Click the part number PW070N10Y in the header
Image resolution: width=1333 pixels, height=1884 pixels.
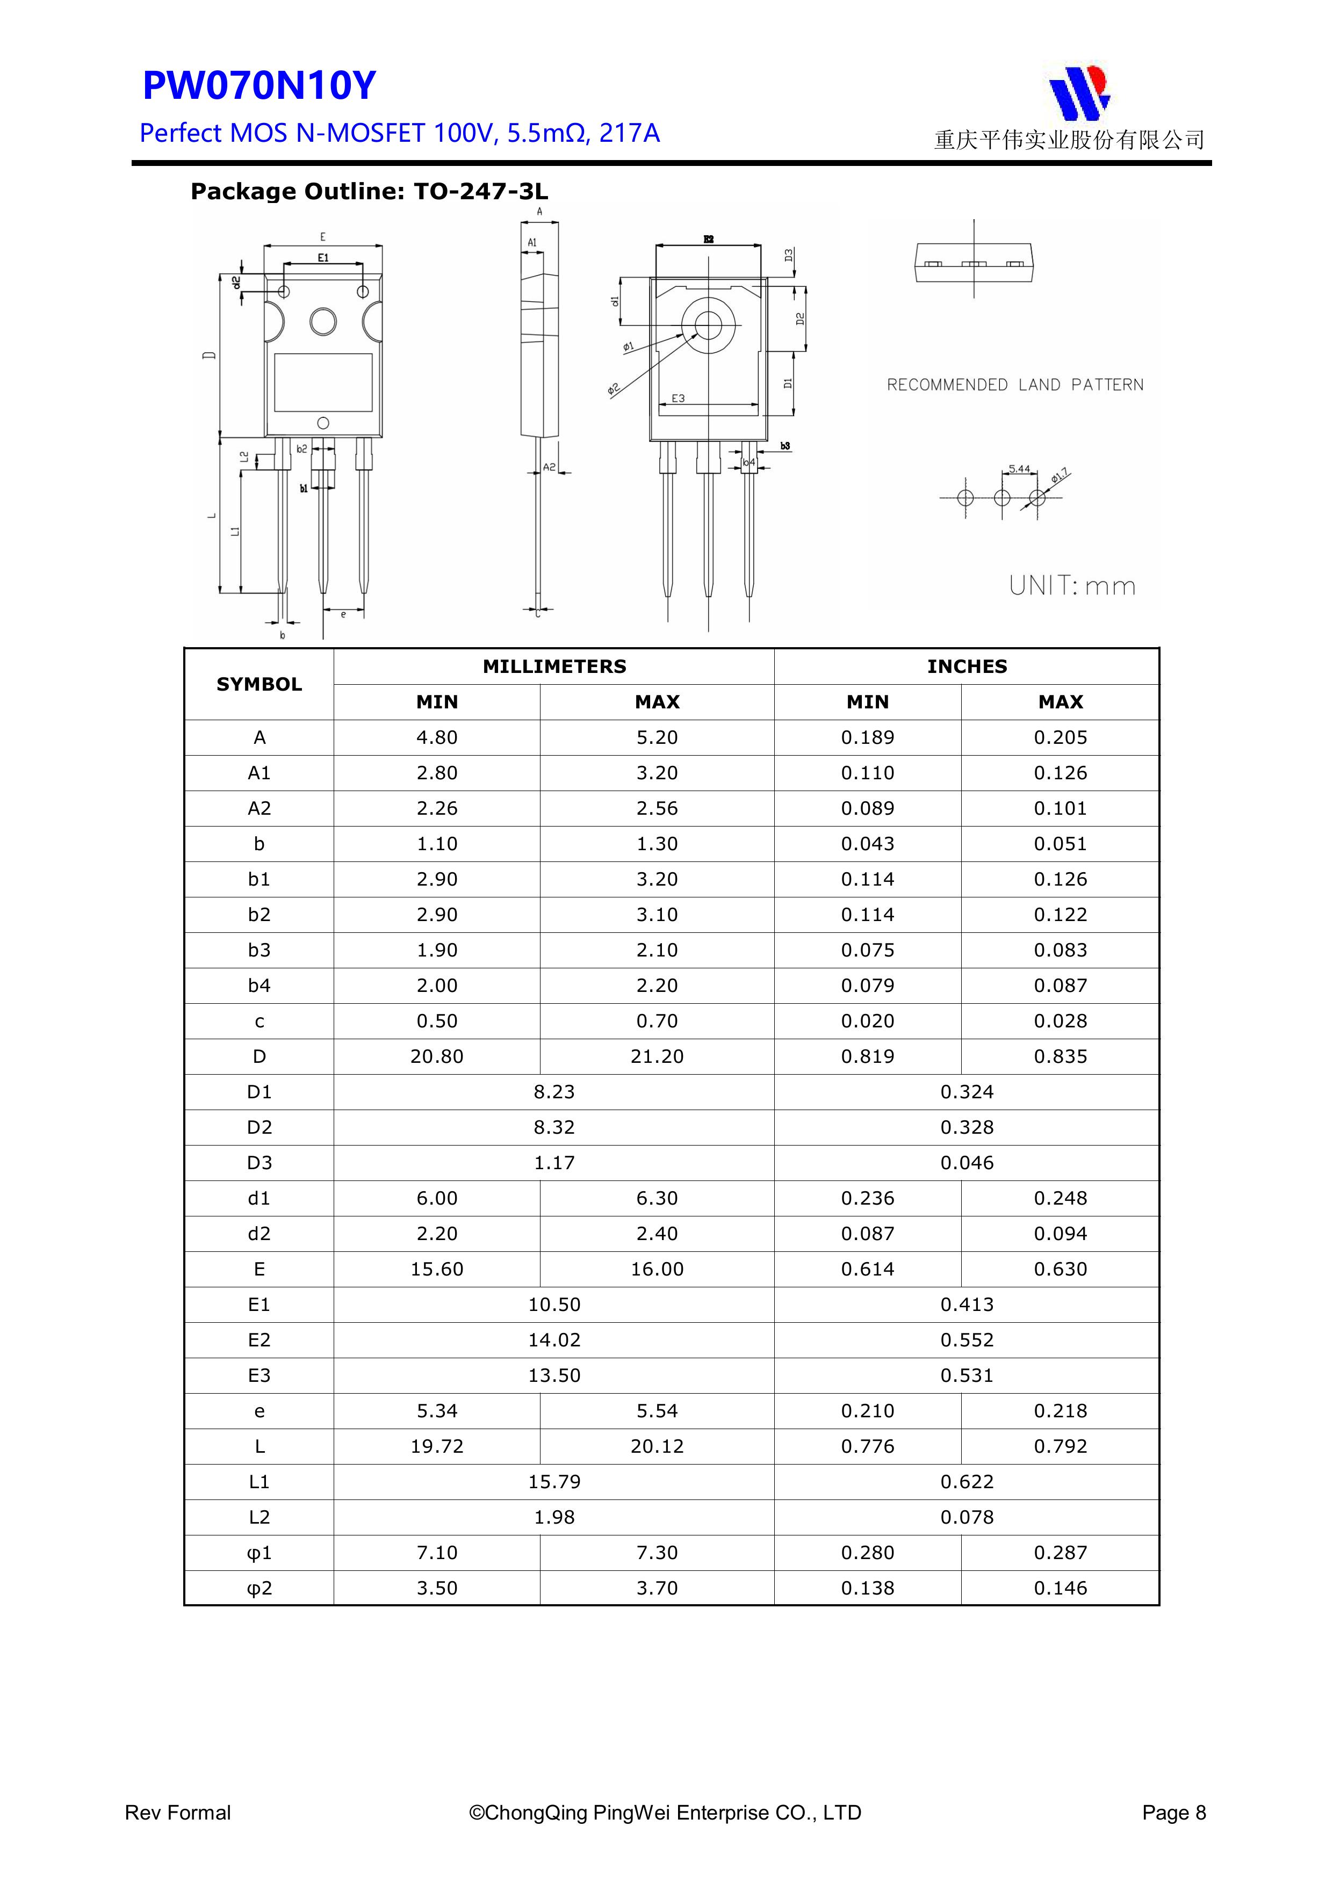[260, 85]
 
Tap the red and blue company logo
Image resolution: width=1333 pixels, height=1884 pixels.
[1079, 91]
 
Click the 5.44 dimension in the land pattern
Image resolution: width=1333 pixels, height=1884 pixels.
[1019, 469]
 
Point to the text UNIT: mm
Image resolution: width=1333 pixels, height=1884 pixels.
[1072, 586]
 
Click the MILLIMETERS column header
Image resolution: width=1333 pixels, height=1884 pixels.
[554, 666]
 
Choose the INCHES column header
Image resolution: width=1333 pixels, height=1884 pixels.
[967, 666]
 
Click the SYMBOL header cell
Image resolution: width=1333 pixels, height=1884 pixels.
[260, 684]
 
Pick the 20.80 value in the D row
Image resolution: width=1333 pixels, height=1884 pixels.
[437, 1057]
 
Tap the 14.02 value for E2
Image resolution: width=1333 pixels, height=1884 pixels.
[554, 1340]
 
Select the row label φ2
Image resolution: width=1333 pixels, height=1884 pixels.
[260, 1589]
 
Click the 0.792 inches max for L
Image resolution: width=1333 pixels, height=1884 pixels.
[1061, 1447]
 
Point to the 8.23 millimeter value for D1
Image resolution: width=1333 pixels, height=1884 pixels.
[554, 1092]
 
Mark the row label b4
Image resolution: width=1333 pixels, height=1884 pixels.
[260, 986]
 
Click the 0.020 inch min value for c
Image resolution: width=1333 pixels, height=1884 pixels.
[868, 1021]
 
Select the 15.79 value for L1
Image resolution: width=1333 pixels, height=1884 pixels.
[554, 1482]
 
